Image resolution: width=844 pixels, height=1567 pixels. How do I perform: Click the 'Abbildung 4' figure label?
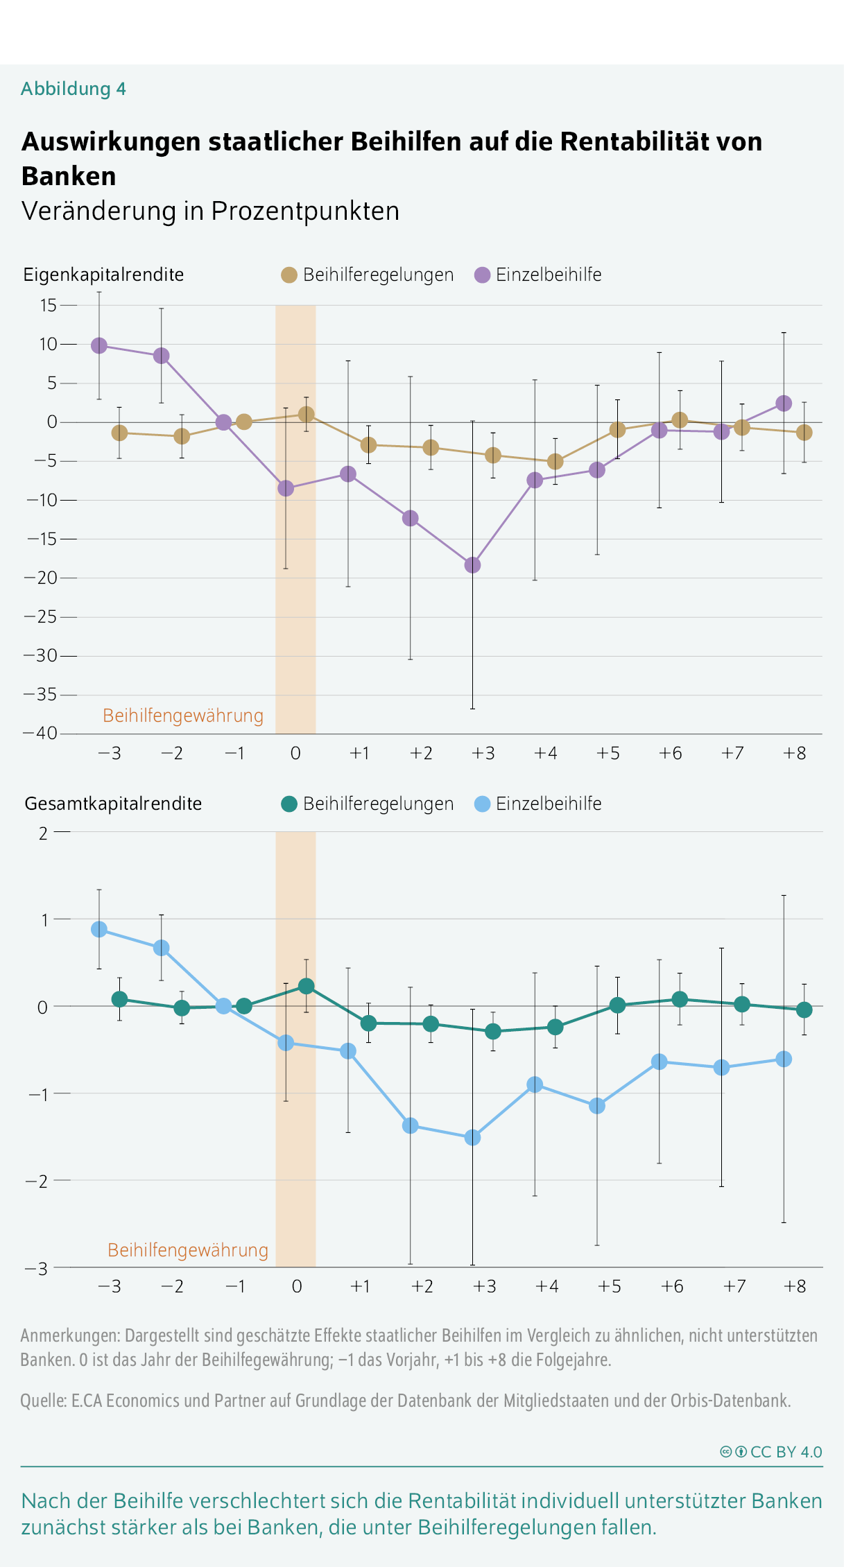[74, 89]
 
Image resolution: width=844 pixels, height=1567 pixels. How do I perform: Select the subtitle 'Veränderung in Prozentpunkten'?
[211, 211]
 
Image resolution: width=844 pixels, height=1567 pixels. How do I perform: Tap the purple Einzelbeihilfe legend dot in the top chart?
[482, 275]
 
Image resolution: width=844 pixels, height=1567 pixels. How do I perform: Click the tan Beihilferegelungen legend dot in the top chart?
[289, 275]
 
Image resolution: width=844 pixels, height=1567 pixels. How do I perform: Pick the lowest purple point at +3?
[472, 565]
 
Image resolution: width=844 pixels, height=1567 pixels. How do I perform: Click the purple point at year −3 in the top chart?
[99, 345]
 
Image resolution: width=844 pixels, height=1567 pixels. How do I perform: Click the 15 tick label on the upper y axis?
[49, 305]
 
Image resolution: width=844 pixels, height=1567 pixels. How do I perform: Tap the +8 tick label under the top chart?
[795, 753]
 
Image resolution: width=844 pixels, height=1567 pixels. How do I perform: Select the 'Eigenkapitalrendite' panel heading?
[104, 275]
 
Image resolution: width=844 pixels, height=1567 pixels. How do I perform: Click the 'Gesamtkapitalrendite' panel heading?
[113, 804]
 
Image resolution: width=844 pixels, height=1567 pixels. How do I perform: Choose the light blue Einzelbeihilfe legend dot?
[482, 804]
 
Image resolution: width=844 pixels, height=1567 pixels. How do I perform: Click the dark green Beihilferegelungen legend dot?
[289, 804]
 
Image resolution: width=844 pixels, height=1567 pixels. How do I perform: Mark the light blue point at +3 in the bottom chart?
[472, 1137]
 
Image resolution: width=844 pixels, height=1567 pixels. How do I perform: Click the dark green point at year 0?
[306, 986]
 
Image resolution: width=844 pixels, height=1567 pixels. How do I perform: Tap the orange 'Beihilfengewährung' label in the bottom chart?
[188, 1250]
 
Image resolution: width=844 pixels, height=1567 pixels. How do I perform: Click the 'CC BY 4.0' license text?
[786, 1452]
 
